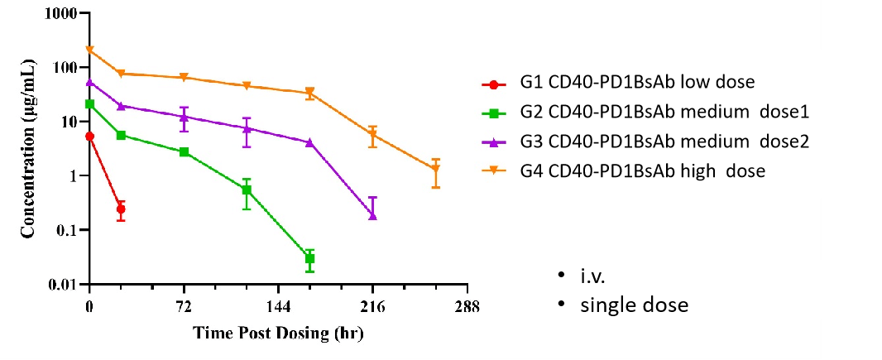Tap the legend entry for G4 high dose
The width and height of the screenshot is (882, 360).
(x=638, y=171)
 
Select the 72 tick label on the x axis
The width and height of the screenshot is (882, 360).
(x=184, y=306)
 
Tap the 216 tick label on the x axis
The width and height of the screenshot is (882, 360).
(x=372, y=306)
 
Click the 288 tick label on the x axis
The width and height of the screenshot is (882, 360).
(x=467, y=306)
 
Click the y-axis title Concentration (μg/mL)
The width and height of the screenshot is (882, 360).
(x=28, y=150)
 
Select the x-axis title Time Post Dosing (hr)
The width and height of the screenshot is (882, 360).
(x=278, y=334)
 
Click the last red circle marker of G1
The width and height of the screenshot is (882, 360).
(x=121, y=209)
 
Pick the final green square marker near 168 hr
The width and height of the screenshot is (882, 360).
(x=309, y=259)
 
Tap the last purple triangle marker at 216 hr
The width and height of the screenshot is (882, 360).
(x=372, y=215)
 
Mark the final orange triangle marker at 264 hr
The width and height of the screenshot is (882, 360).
(x=435, y=170)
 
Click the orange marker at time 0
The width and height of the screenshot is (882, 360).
(x=89, y=50)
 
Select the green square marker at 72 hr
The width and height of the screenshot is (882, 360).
(x=184, y=152)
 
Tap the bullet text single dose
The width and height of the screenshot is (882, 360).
(x=634, y=305)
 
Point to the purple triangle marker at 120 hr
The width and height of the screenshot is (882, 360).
(x=247, y=128)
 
